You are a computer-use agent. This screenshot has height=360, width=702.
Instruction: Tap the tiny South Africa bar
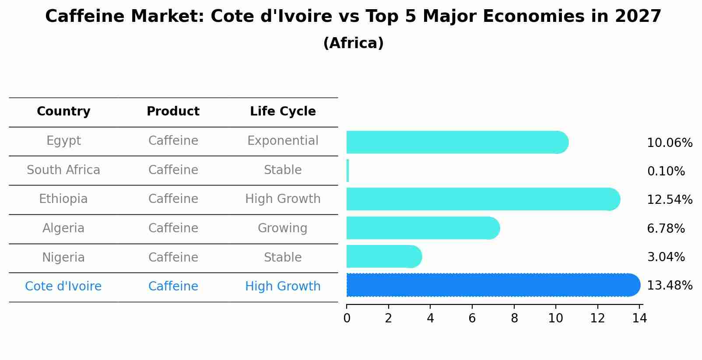pyautogui.click(x=348, y=171)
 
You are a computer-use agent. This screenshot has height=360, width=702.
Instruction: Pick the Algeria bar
pyautogui.click(x=423, y=228)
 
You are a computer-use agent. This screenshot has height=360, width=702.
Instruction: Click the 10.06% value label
pyautogui.click(x=670, y=143)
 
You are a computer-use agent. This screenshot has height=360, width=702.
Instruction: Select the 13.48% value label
pyautogui.click(x=670, y=286)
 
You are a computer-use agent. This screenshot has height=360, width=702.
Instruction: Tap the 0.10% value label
pyautogui.click(x=666, y=171)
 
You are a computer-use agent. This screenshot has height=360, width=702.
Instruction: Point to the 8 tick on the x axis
pyautogui.click(x=514, y=318)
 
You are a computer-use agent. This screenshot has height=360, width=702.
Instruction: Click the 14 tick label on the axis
pyautogui.click(x=639, y=318)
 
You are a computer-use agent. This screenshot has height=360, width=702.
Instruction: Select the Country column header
pyautogui.click(x=63, y=112)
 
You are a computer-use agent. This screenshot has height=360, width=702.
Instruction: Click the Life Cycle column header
pyautogui.click(x=283, y=112)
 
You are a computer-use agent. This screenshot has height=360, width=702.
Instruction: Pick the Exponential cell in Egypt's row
pyautogui.click(x=283, y=141)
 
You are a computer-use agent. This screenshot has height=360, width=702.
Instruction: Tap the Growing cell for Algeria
pyautogui.click(x=283, y=228)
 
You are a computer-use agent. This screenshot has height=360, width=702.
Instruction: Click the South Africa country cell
pyautogui.click(x=63, y=170)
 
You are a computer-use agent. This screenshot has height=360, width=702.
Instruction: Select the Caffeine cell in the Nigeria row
pyautogui.click(x=173, y=258)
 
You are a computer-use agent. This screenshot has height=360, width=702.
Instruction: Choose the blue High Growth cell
pyautogui.click(x=283, y=287)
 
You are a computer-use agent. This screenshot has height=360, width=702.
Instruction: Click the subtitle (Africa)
pyautogui.click(x=353, y=43)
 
